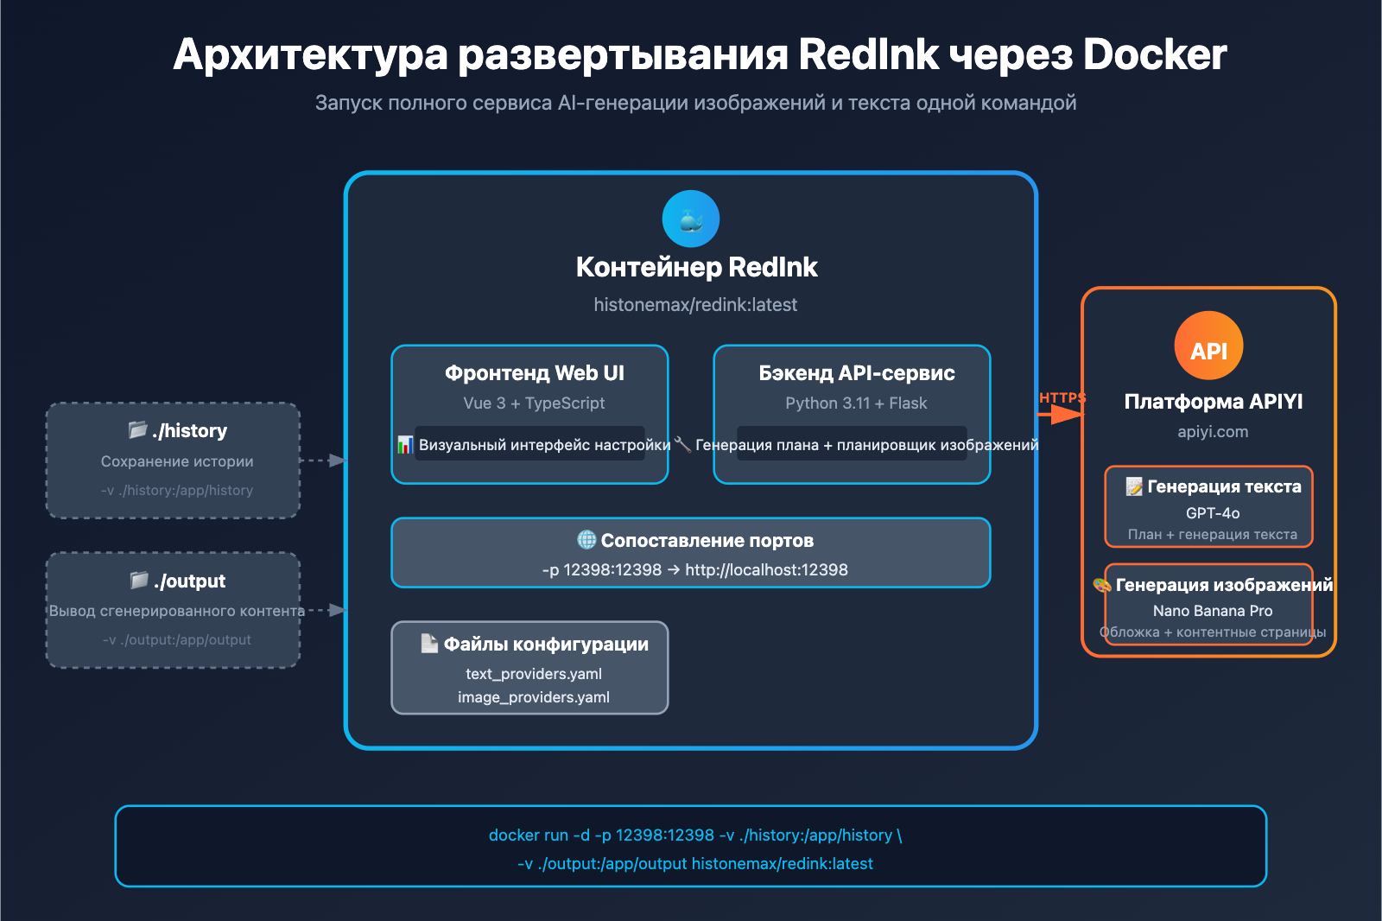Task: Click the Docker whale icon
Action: (x=691, y=219)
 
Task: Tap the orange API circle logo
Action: (x=1208, y=346)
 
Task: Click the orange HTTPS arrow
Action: (x=1061, y=415)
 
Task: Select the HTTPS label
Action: (x=1062, y=397)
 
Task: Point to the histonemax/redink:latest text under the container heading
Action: (x=695, y=305)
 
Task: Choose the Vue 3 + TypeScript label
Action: (x=534, y=403)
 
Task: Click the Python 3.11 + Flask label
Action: (x=856, y=403)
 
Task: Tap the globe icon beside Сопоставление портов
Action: (x=586, y=540)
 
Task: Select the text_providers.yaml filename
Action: (x=534, y=674)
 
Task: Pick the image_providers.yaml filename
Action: (x=534, y=697)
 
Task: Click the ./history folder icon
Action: (x=138, y=429)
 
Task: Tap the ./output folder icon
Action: (x=139, y=580)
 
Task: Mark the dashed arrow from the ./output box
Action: (x=328, y=610)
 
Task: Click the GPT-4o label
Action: (x=1213, y=513)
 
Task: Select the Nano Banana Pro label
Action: (x=1213, y=611)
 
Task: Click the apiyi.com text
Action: (x=1213, y=432)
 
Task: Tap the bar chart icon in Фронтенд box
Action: (x=405, y=445)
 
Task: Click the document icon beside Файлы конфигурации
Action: (x=429, y=644)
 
